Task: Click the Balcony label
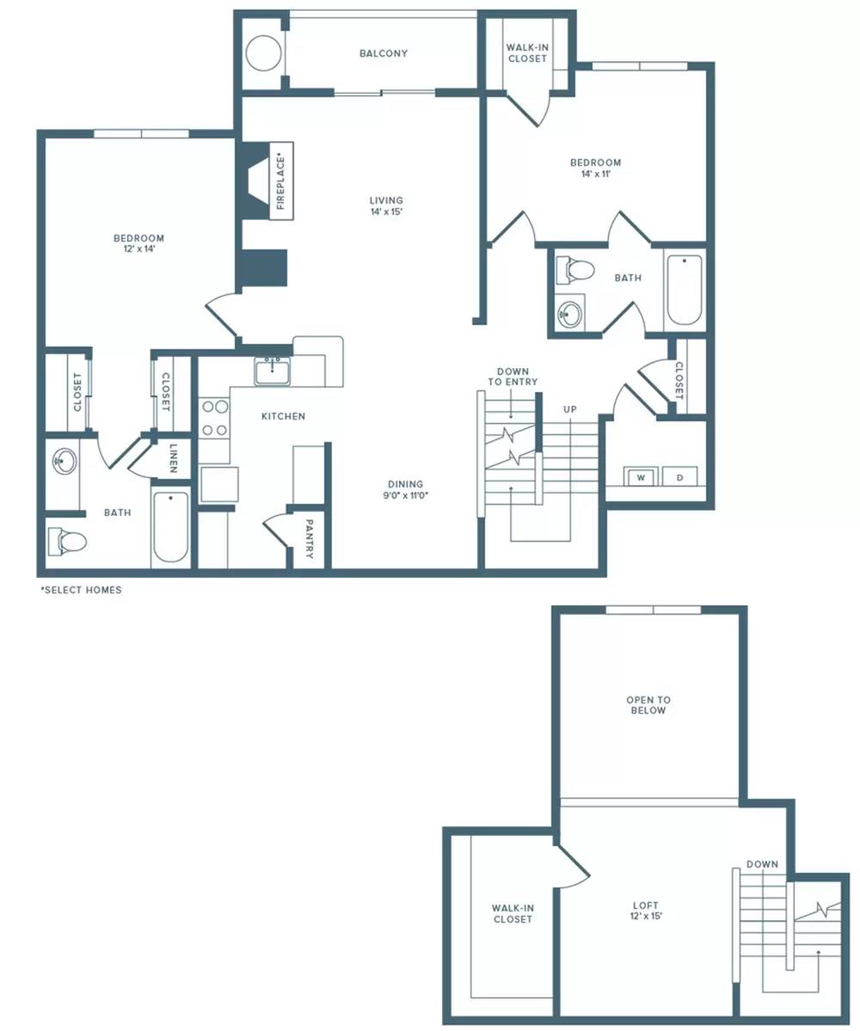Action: [x=384, y=53]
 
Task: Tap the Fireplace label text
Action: [x=281, y=181]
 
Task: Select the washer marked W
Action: [x=640, y=476]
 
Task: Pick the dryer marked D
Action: [x=680, y=476]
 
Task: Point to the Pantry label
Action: [x=309, y=538]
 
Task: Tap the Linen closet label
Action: [x=173, y=458]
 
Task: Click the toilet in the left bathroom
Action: [x=68, y=542]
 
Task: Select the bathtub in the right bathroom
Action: [x=684, y=289]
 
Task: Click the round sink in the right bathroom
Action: [x=569, y=313]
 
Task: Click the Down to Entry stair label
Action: [x=513, y=376]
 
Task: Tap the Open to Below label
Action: [x=648, y=705]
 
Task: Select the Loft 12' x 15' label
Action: [x=646, y=910]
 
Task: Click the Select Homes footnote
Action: [x=82, y=590]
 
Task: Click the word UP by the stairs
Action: [x=570, y=409]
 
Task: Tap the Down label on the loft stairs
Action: [x=762, y=864]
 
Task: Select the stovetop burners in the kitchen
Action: [x=214, y=418]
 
